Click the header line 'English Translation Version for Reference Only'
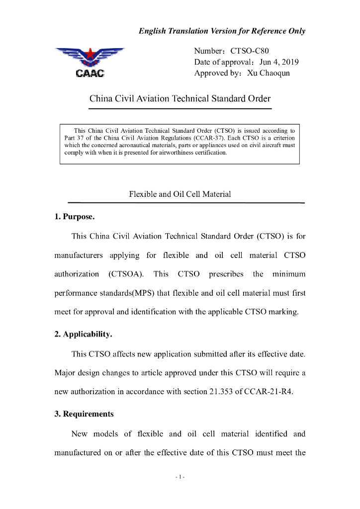tap(222, 31)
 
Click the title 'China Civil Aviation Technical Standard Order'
tap(180, 98)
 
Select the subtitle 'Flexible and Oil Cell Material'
tap(180, 194)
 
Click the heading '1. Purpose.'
tap(75, 217)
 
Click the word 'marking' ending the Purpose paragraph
tap(285, 312)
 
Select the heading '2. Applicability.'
tap(83, 335)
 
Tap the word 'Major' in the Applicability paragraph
tap(65, 372)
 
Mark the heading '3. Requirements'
tap(84, 414)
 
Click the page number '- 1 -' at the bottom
tap(180, 477)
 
